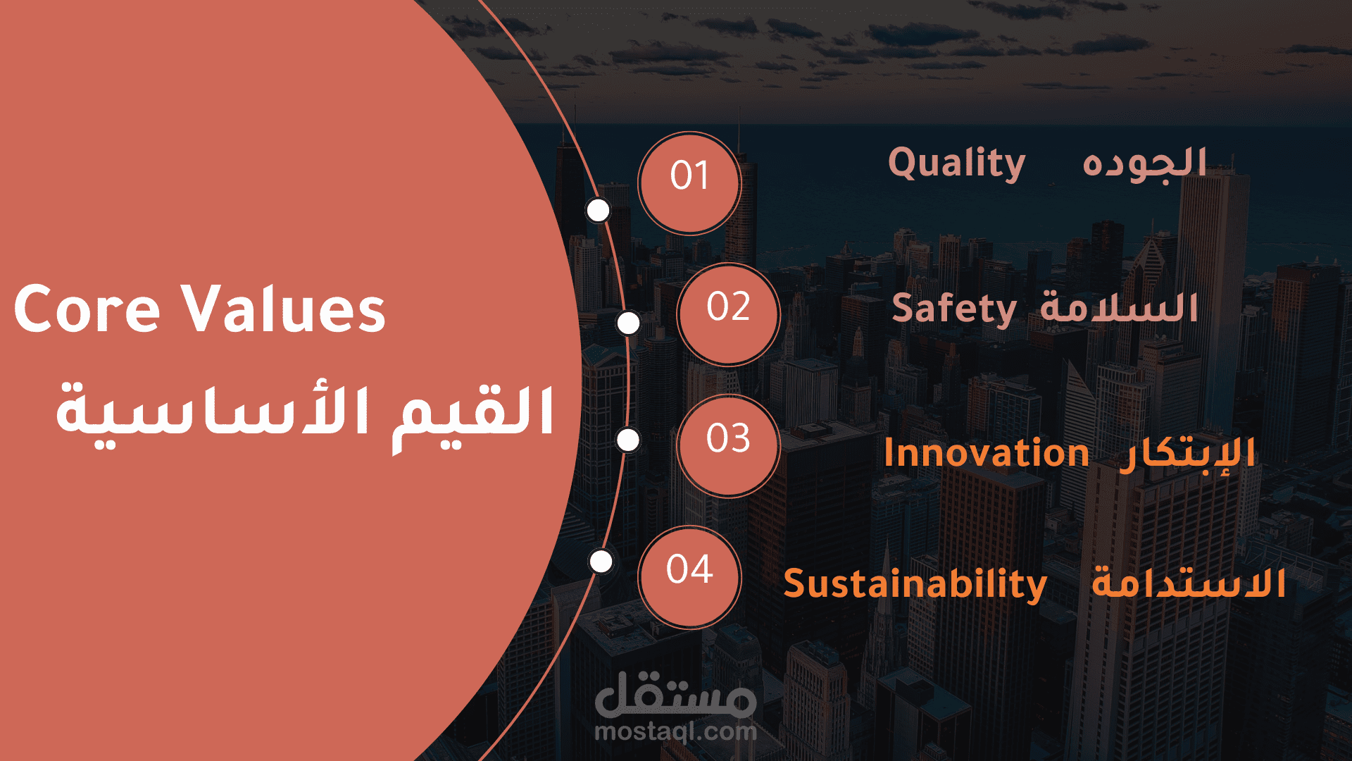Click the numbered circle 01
click(689, 183)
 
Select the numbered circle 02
click(728, 314)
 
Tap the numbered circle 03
click(728, 446)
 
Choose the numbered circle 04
click(689, 577)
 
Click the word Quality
click(956, 164)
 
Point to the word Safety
click(954, 309)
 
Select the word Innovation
click(987, 453)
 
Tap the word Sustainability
click(915, 585)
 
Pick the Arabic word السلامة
click(1120, 307)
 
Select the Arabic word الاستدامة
click(1189, 583)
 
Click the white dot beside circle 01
click(599, 210)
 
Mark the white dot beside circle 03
click(628, 440)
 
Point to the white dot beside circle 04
click(601, 562)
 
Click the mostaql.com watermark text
click(676, 731)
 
